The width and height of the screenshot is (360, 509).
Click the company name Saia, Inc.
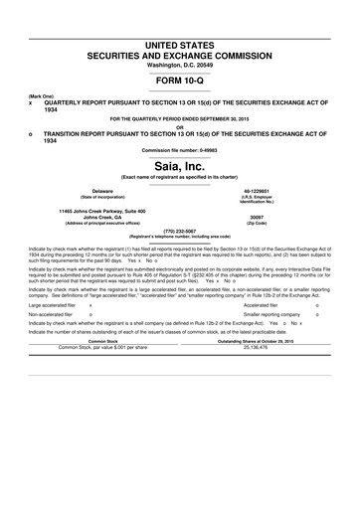(180, 165)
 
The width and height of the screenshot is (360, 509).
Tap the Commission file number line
(180, 148)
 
